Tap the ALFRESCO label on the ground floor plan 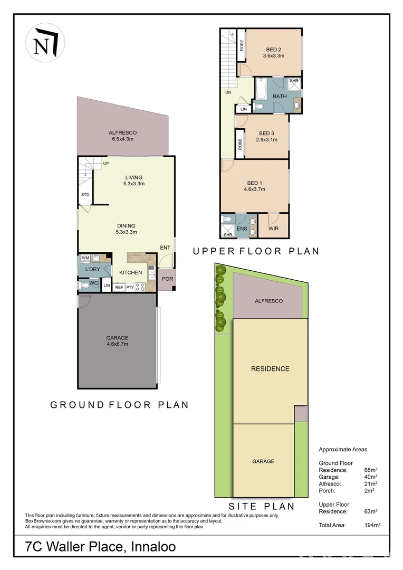tap(123, 136)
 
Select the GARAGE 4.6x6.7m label tap(117, 341)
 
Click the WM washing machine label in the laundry tap(85, 258)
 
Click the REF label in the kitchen tap(119, 287)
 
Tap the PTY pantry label tap(130, 287)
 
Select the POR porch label tap(167, 279)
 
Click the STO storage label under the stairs tap(85, 195)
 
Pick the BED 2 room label tap(273, 52)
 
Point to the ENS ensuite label tap(242, 229)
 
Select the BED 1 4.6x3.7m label tap(254, 186)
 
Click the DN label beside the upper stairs tap(228, 92)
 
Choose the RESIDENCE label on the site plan tap(270, 368)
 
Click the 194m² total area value tap(372, 525)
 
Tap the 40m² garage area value tap(371, 477)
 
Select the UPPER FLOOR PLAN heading tap(256, 251)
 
